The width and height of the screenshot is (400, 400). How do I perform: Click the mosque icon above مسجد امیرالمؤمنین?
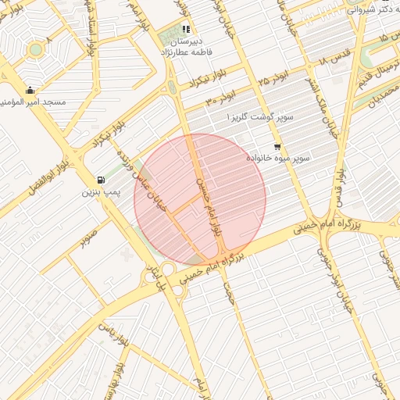(30, 90)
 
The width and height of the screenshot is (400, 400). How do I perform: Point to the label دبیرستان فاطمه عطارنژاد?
(198, 46)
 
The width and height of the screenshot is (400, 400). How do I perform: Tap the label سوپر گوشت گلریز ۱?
(260, 117)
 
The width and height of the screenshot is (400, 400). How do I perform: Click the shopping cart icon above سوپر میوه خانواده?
(277, 146)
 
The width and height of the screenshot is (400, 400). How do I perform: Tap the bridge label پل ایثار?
(154, 276)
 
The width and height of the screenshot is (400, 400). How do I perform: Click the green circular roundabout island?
(35, 50)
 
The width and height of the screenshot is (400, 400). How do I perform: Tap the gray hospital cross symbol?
(128, 255)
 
